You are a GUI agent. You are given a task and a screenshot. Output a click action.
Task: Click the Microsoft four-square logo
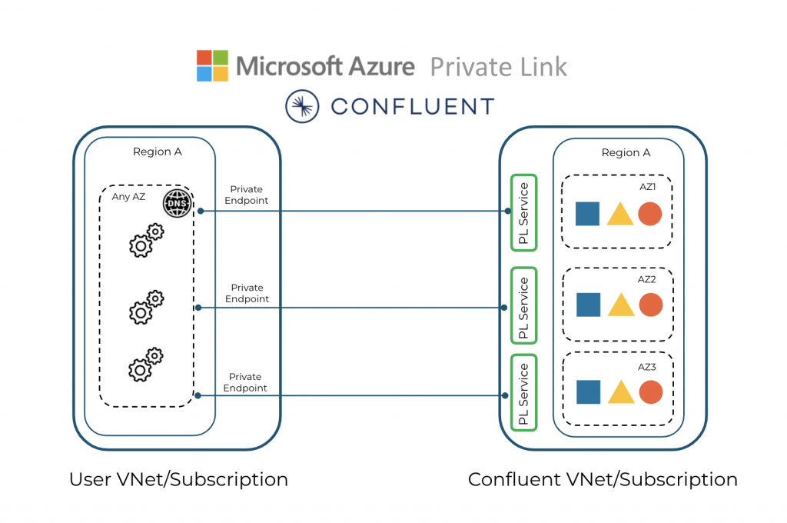(x=212, y=65)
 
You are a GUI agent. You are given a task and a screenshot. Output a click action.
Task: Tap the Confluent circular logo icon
(x=301, y=106)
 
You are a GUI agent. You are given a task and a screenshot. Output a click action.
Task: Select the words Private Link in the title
(x=498, y=67)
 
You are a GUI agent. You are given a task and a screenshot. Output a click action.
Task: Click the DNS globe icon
(x=176, y=204)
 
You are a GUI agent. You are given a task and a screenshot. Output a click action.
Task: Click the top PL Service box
(x=523, y=213)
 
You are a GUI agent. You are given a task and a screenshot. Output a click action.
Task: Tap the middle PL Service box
(x=523, y=305)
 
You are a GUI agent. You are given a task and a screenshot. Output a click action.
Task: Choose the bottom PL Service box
(x=523, y=393)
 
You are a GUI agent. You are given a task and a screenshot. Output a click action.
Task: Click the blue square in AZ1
(x=588, y=213)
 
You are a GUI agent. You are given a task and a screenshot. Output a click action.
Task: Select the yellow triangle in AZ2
(x=620, y=305)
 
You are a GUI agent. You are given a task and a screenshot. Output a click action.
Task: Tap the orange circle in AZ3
(x=650, y=392)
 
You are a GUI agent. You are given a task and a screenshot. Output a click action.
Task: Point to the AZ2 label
(x=646, y=279)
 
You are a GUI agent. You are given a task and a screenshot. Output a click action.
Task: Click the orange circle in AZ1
(x=649, y=214)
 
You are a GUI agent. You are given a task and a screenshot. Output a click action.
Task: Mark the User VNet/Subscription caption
(x=178, y=480)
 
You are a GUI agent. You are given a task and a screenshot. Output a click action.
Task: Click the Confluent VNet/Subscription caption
(x=603, y=480)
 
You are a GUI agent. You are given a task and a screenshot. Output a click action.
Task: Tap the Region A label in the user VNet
(x=158, y=152)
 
